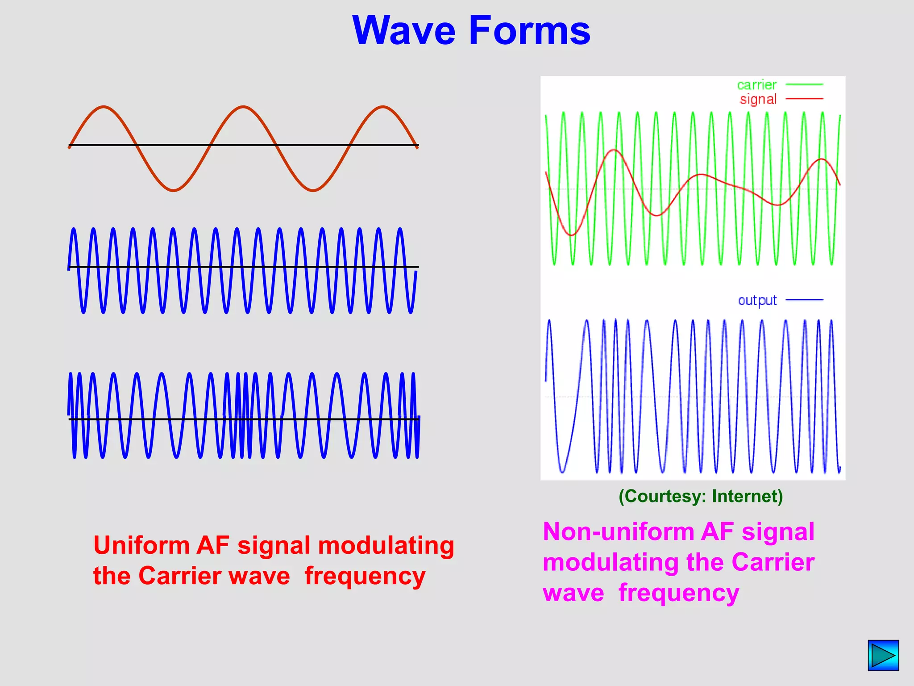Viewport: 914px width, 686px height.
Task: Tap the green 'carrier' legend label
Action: point(756,84)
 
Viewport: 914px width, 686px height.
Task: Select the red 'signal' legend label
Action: point(758,99)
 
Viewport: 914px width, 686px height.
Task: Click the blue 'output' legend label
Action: point(757,301)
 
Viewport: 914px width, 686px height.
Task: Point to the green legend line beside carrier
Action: point(804,84)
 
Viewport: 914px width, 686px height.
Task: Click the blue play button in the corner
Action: point(883,655)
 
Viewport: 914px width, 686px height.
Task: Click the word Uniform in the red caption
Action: point(141,545)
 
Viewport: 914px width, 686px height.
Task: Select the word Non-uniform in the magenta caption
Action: point(618,532)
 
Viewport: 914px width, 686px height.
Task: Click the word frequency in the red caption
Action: point(365,576)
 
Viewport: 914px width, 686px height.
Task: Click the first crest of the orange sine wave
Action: point(104,107)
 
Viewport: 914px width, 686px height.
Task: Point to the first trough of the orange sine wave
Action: point(174,191)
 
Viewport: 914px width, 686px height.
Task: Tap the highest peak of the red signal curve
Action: point(615,150)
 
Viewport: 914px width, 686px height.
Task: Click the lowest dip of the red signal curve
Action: point(572,235)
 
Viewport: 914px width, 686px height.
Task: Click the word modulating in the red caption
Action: point(386,545)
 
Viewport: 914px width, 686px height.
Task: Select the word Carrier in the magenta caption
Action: point(773,562)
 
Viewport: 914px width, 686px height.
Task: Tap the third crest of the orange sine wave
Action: point(383,107)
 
